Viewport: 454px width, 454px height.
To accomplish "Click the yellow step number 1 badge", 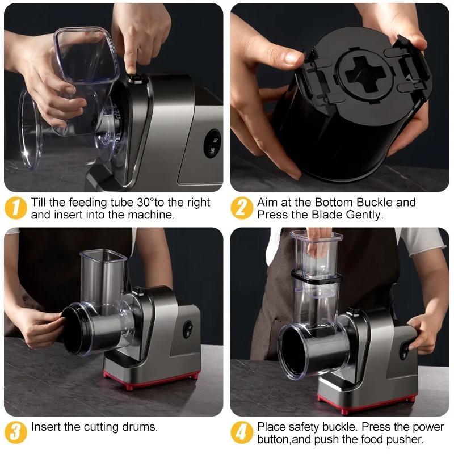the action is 16,208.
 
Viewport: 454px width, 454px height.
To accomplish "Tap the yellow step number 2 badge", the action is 242,208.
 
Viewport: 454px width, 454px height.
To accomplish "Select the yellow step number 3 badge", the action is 16,432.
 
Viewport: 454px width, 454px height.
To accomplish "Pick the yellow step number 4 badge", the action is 242,432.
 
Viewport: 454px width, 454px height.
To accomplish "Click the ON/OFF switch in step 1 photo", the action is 212,144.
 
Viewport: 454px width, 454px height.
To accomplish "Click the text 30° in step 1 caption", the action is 145,202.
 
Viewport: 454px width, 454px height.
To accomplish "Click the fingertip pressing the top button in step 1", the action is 131,70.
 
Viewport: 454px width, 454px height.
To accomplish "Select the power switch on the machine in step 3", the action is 188,329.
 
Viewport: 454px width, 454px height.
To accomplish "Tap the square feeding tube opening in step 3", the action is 103,255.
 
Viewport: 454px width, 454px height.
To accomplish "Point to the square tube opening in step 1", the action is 86,54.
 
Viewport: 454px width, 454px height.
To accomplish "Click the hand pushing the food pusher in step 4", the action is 319,243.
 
